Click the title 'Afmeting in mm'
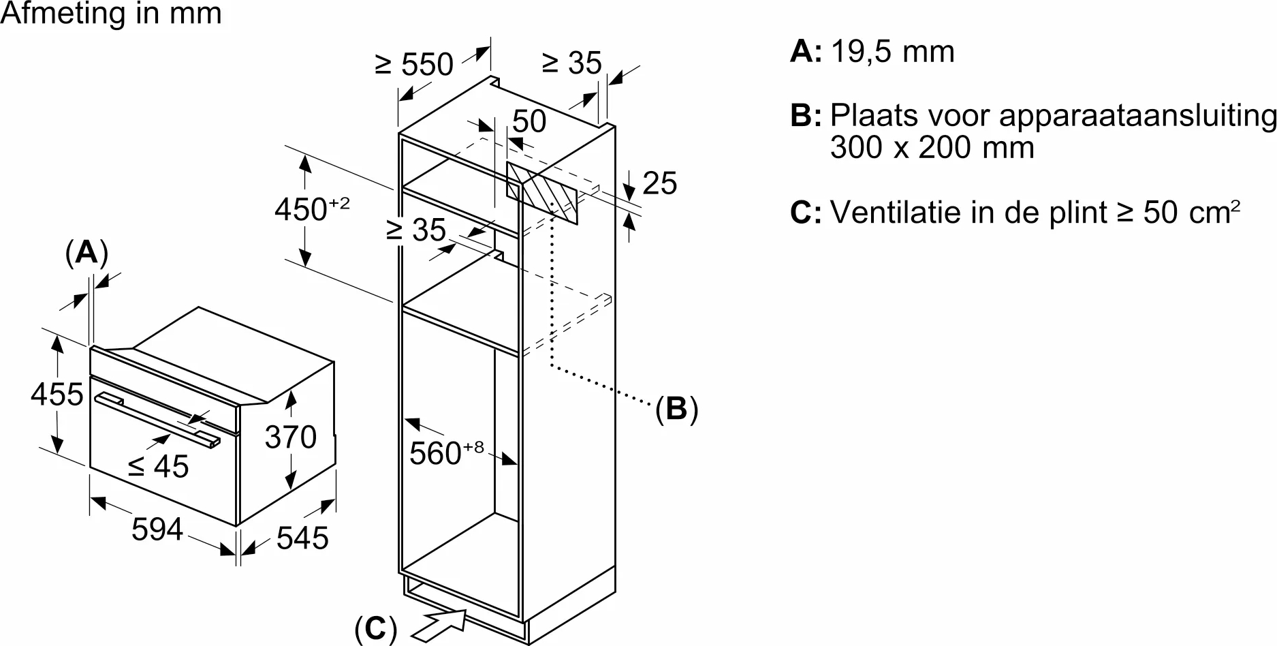111,14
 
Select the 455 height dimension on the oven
57,395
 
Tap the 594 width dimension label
157,529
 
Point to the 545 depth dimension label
302,538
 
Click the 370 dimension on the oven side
291,437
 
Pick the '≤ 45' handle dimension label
159,467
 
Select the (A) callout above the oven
86,253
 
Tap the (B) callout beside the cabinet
676,409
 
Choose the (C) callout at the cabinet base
375,629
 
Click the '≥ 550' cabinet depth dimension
414,65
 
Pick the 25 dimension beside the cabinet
659,183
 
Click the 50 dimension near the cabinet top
529,121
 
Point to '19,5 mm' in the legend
892,52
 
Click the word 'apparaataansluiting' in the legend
1137,115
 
